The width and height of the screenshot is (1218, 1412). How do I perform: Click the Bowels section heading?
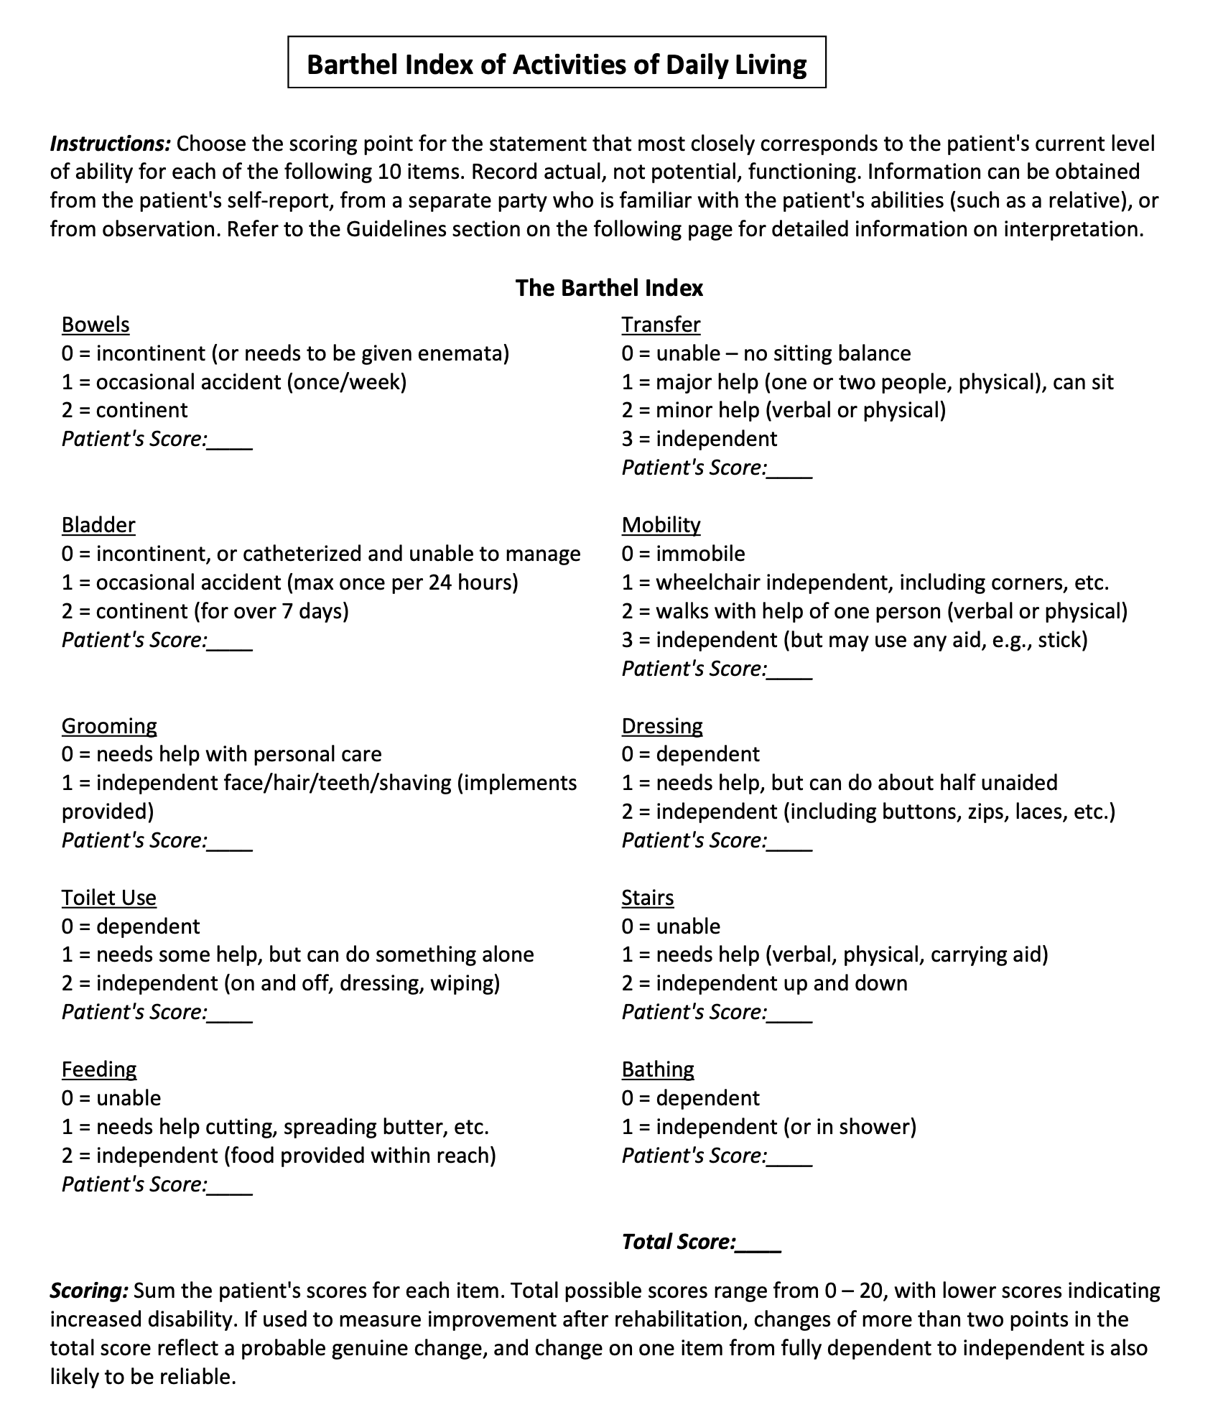point(96,325)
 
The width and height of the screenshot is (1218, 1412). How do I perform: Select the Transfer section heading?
point(661,325)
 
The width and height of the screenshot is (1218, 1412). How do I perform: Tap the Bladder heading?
point(98,525)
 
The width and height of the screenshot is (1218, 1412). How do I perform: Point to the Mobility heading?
point(661,525)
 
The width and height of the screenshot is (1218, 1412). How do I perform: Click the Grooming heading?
point(109,725)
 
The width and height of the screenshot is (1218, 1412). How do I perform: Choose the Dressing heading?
point(662,725)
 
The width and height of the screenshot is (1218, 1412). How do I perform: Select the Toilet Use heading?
point(109,898)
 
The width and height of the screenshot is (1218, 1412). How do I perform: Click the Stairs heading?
point(648,898)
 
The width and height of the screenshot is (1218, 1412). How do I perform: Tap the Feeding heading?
point(99,1069)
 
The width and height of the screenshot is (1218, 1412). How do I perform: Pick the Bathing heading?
point(658,1069)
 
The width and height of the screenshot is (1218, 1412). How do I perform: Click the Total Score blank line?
point(759,1243)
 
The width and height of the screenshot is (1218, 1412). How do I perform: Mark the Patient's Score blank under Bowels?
point(231,440)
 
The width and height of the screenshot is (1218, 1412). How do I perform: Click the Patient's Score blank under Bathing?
point(790,1157)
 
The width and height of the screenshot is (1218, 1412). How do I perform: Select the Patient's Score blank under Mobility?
point(790,670)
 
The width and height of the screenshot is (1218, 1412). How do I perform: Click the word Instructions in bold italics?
point(110,144)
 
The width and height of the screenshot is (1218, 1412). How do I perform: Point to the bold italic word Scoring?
point(89,1291)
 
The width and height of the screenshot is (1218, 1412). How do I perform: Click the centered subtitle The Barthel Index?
point(609,288)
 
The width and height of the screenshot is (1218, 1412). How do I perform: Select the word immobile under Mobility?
point(700,554)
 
